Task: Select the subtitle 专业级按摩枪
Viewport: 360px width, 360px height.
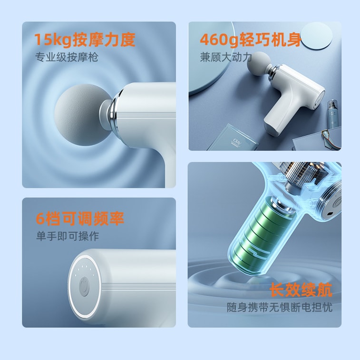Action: point(67,58)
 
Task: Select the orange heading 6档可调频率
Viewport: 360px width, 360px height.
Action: point(80,219)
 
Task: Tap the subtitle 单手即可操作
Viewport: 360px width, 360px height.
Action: point(68,236)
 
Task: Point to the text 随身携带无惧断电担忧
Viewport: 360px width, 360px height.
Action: point(279,307)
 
